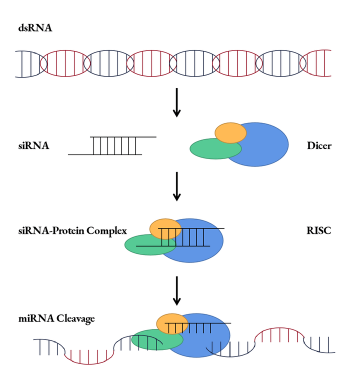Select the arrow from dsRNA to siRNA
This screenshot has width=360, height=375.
point(176,102)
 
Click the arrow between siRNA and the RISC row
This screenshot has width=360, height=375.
point(176,186)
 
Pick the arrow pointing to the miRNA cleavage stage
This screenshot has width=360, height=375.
point(176,290)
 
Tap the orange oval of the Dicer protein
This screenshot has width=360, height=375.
point(230,132)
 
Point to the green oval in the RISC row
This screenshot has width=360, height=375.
point(145,245)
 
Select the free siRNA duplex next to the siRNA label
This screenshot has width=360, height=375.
point(112,145)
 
